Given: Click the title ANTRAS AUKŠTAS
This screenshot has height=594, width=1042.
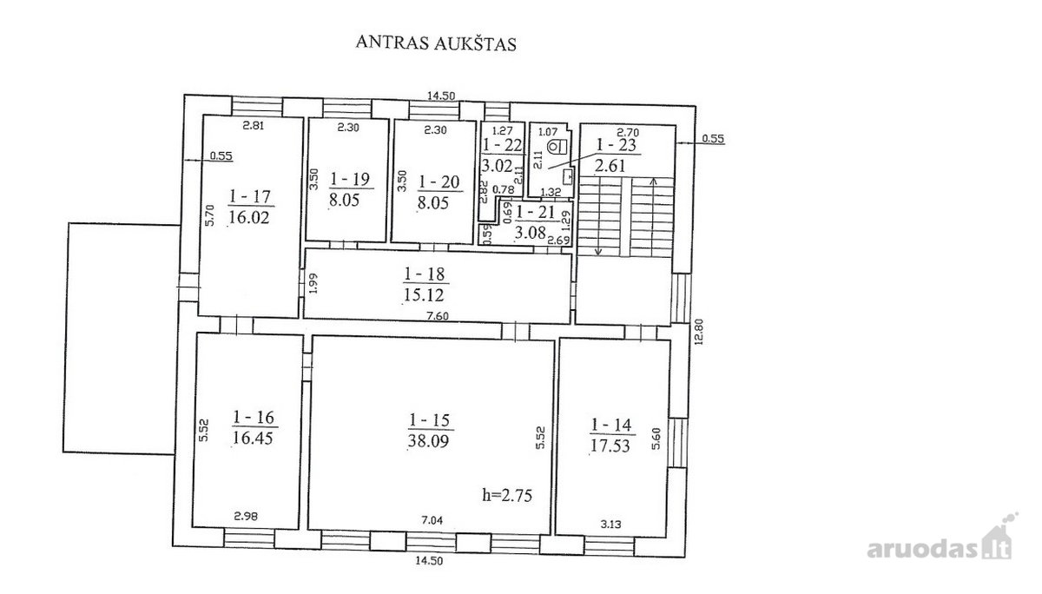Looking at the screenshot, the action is click(x=436, y=43).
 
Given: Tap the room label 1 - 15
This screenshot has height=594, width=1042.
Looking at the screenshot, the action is click(x=429, y=420).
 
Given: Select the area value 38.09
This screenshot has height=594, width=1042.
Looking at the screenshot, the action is click(x=428, y=440).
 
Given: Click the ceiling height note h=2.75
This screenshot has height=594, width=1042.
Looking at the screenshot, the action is click(x=507, y=495).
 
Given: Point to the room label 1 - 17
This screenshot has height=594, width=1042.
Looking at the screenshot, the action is click(x=249, y=196).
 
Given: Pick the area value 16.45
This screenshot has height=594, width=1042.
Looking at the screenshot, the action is click(x=252, y=438).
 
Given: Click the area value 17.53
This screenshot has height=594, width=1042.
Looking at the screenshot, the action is click(x=610, y=445).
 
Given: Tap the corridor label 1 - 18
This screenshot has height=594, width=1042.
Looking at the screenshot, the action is click(x=425, y=274).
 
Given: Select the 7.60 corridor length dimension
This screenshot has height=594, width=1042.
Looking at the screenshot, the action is click(x=438, y=316).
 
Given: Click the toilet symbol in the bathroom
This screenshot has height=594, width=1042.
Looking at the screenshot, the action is click(x=557, y=147).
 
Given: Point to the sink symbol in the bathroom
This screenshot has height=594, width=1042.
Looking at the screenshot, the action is click(x=568, y=176).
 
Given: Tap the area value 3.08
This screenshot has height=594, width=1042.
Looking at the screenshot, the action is click(x=530, y=232).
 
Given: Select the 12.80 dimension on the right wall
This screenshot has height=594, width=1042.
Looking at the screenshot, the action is click(x=698, y=331).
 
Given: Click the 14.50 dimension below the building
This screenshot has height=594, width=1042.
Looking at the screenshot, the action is click(x=429, y=560).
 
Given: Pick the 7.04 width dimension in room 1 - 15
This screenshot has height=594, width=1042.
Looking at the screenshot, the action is click(x=432, y=520).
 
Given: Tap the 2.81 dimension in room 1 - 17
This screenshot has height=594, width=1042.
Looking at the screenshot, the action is click(x=254, y=125).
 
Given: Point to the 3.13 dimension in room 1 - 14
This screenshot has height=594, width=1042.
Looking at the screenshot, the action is click(x=610, y=525).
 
